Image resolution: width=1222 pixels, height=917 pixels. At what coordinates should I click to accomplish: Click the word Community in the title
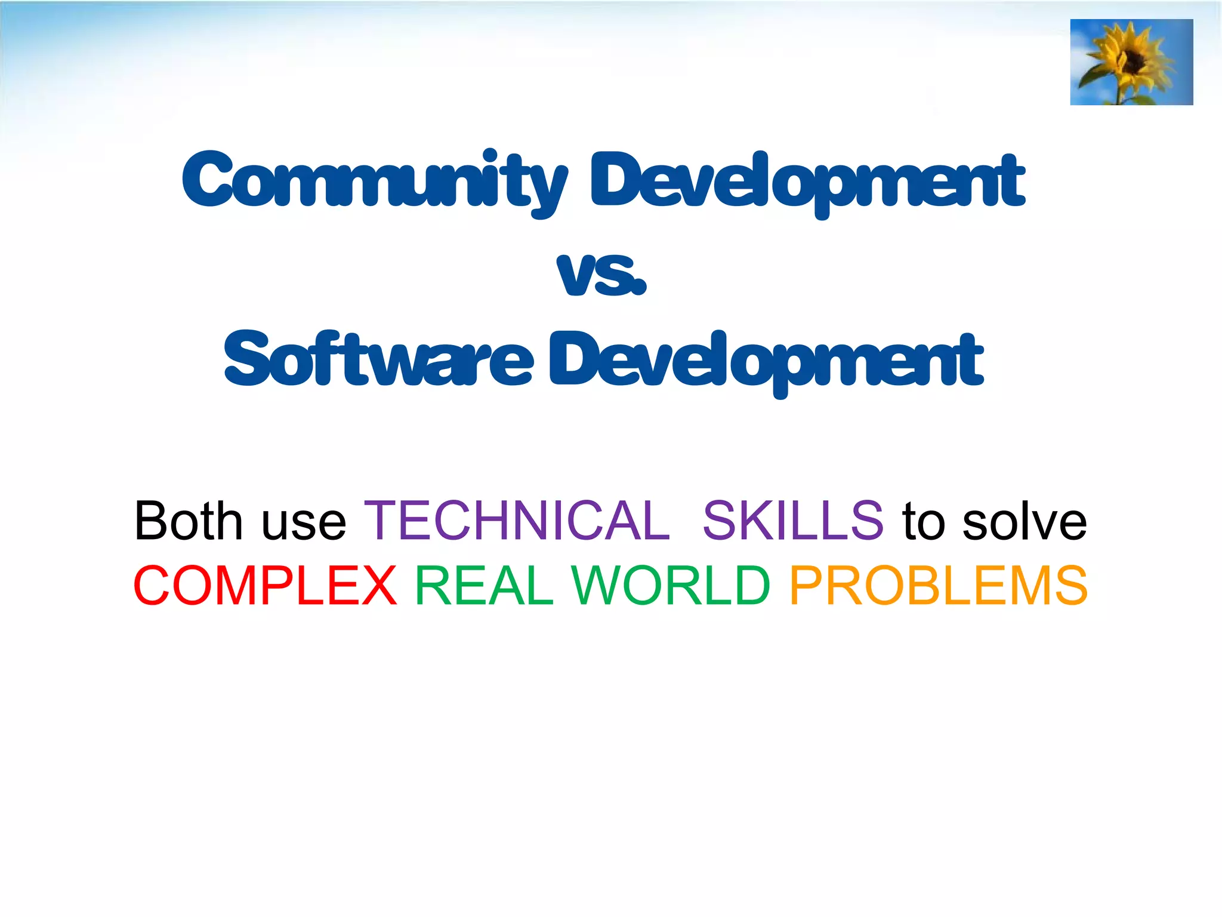[x=375, y=180]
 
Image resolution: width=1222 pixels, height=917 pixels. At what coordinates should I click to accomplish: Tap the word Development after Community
[x=807, y=180]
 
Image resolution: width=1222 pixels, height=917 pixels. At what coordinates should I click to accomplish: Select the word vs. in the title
[x=601, y=275]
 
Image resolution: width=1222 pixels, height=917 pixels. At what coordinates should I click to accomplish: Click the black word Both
[x=189, y=521]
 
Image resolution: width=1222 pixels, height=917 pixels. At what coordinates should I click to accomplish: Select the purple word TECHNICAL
[x=517, y=521]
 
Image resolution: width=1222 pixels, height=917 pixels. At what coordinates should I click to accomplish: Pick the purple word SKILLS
[x=792, y=521]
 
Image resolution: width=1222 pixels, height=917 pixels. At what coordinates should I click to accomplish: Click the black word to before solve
[x=924, y=522]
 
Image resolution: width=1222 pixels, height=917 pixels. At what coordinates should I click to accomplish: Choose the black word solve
[x=1024, y=522]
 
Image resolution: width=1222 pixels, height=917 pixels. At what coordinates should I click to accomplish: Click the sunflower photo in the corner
[x=1131, y=62]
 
